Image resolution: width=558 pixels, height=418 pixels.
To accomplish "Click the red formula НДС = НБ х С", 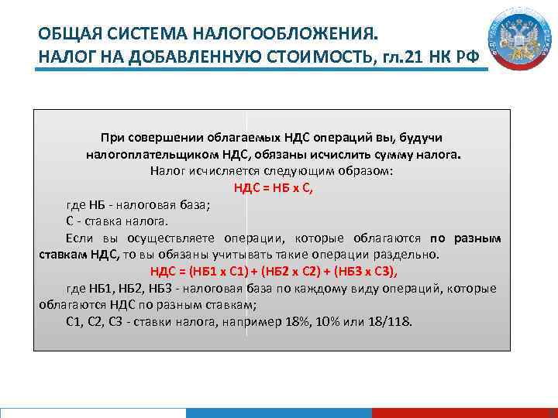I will point(273,187).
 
